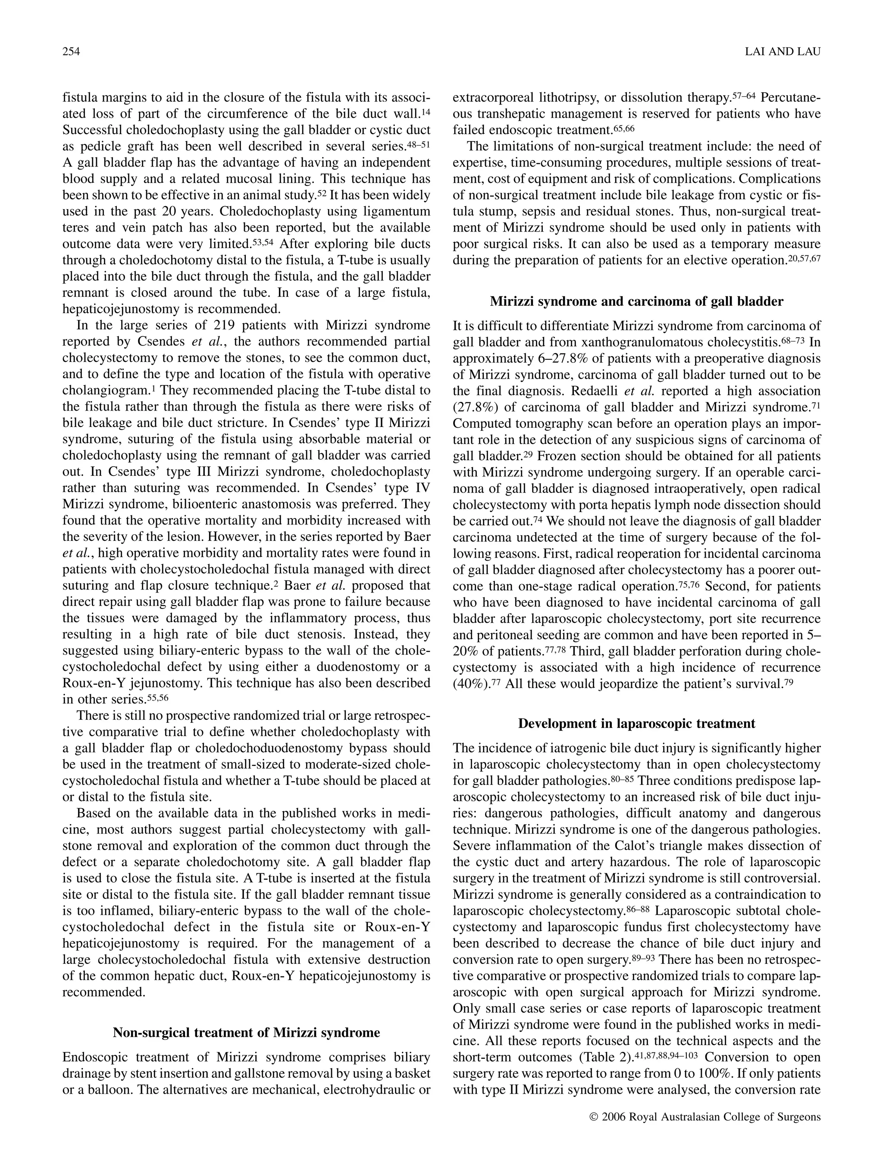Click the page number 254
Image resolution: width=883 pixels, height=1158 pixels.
(x=70, y=51)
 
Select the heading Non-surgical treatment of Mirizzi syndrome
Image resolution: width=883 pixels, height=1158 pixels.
(x=246, y=1032)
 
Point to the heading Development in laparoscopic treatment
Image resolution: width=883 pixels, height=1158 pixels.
(x=636, y=723)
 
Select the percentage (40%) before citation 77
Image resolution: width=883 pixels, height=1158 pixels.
(x=470, y=684)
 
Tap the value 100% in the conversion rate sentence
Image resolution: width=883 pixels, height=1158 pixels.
(x=705, y=1073)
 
